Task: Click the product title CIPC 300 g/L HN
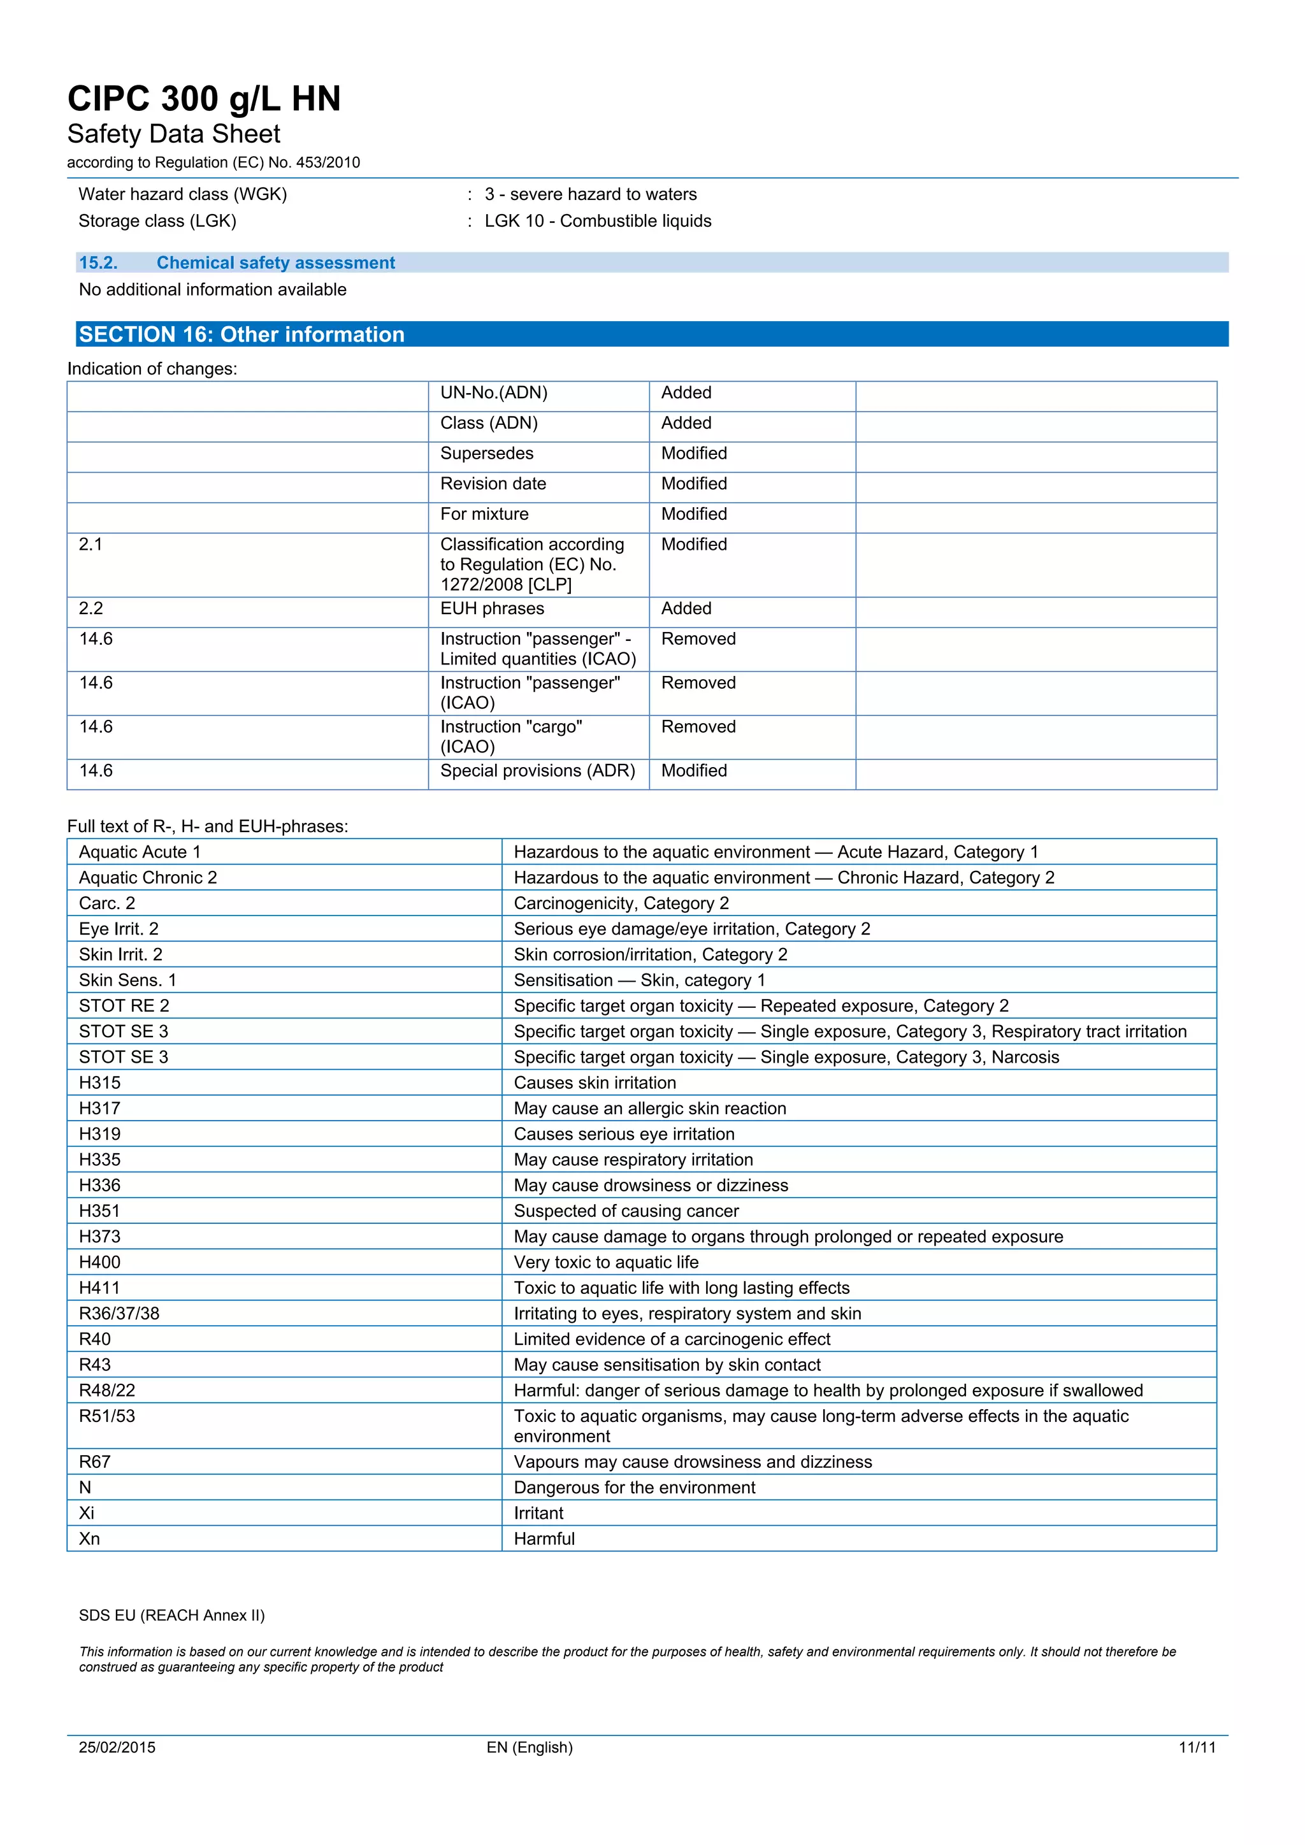[x=204, y=99]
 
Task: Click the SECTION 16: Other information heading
[x=241, y=334]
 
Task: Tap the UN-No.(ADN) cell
[x=493, y=393]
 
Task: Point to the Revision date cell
[x=493, y=484]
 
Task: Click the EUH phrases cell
[x=492, y=608]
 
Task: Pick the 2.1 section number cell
[x=91, y=545]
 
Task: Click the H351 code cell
[x=99, y=1211]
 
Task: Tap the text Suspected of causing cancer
[x=626, y=1211]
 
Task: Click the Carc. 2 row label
[x=107, y=903]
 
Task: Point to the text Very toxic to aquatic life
[x=606, y=1263]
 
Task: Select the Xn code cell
[x=89, y=1539]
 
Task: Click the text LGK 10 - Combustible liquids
[x=598, y=221]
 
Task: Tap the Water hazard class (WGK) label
[x=182, y=194]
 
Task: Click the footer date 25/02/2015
[x=117, y=1747]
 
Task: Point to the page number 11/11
[x=1197, y=1747]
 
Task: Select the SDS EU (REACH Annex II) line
[x=171, y=1615]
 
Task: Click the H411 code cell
[x=99, y=1288]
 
